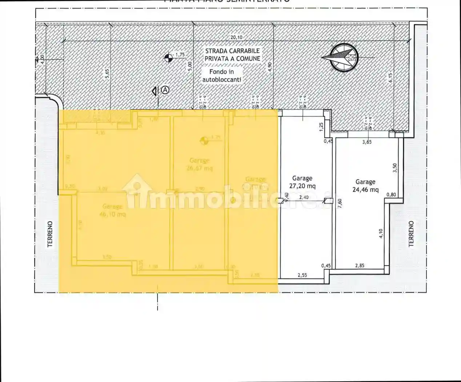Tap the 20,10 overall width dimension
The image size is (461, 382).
click(236, 37)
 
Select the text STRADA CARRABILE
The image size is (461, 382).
click(232, 51)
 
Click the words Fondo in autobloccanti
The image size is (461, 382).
click(221, 76)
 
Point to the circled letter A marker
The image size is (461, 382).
click(165, 89)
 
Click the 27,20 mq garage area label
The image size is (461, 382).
click(302, 182)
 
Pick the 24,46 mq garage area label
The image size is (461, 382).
click(365, 186)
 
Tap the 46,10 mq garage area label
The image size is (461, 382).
click(112, 211)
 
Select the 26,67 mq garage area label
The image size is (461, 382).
click(199, 164)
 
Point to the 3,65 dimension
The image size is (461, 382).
click(367, 142)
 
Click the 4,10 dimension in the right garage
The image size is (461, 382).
click(381, 233)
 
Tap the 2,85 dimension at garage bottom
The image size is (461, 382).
click(360, 266)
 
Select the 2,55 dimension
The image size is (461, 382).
click(302, 275)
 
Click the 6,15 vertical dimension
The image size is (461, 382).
click(391, 78)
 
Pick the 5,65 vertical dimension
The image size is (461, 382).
click(107, 73)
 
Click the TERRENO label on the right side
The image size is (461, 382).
click(411, 234)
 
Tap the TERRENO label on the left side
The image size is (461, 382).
click(50, 234)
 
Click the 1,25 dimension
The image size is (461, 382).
click(321, 126)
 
